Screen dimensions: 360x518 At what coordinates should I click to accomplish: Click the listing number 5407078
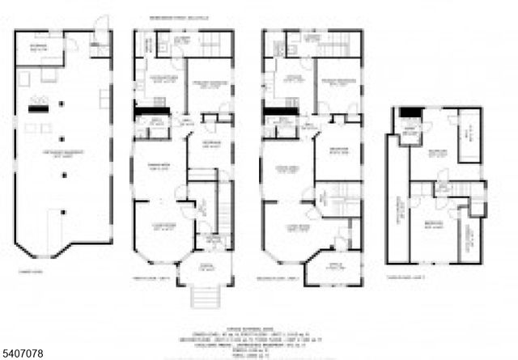25,354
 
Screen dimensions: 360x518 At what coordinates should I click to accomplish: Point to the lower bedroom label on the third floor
433,227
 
